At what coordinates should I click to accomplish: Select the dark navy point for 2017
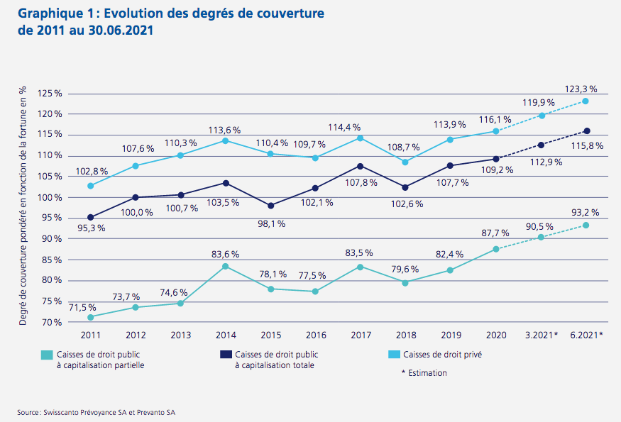pyautogui.click(x=360, y=166)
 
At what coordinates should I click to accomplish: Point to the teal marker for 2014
pyautogui.click(x=226, y=267)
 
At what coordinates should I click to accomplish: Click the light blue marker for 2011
pyautogui.click(x=91, y=186)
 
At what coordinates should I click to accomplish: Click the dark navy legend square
pyautogui.click(x=226, y=355)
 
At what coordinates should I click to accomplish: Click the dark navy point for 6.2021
pyautogui.click(x=586, y=131)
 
